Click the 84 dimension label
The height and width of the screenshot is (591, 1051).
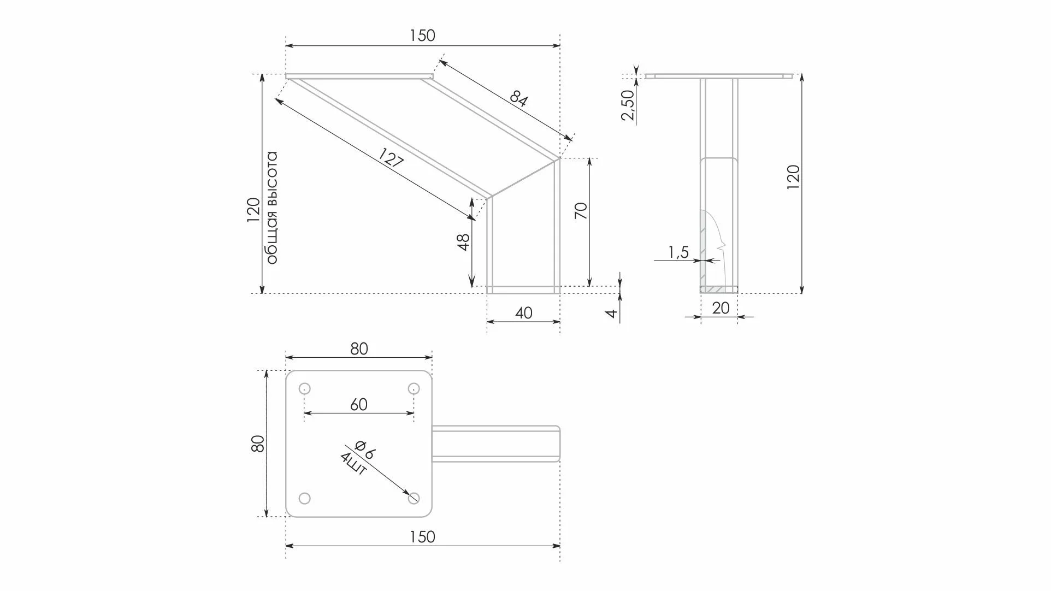[518, 99]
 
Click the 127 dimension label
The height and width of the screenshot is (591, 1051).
[391, 159]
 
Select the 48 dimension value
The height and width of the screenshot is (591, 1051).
[463, 242]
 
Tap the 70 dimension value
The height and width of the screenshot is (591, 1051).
[581, 211]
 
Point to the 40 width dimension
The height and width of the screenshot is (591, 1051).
[523, 313]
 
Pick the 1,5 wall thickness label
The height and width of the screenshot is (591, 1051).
[678, 252]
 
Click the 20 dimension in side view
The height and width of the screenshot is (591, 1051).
[721, 308]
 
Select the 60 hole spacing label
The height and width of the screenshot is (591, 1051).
[358, 405]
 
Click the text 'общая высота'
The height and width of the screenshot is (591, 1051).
[272, 208]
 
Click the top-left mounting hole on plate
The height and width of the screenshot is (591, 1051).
[305, 389]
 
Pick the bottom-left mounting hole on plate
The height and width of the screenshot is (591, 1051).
[305, 498]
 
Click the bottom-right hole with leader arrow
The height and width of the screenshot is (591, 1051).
[414, 498]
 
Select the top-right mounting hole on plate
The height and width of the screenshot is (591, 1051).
[414, 389]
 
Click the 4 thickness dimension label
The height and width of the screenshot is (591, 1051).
[612, 313]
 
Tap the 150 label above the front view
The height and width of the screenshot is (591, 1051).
[422, 36]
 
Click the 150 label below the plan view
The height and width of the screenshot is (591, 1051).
[422, 537]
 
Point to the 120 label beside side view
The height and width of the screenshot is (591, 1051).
[793, 177]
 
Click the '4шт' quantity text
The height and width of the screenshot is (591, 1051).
[353, 464]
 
